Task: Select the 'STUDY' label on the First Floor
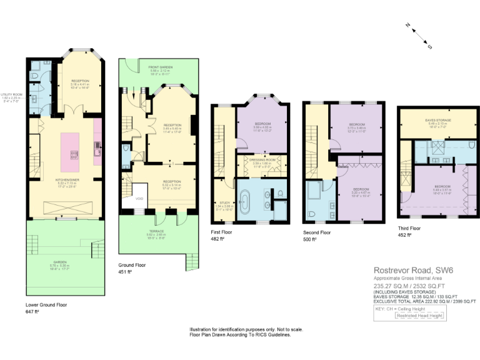click(x=220, y=202)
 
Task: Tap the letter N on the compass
click(x=407, y=26)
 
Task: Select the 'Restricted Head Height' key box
click(x=419, y=316)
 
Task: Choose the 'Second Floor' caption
click(x=317, y=231)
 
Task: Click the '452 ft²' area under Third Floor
click(x=404, y=235)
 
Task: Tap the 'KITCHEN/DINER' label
click(x=61, y=179)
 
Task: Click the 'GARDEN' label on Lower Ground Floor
click(x=60, y=262)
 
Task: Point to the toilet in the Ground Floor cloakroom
click(x=127, y=149)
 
